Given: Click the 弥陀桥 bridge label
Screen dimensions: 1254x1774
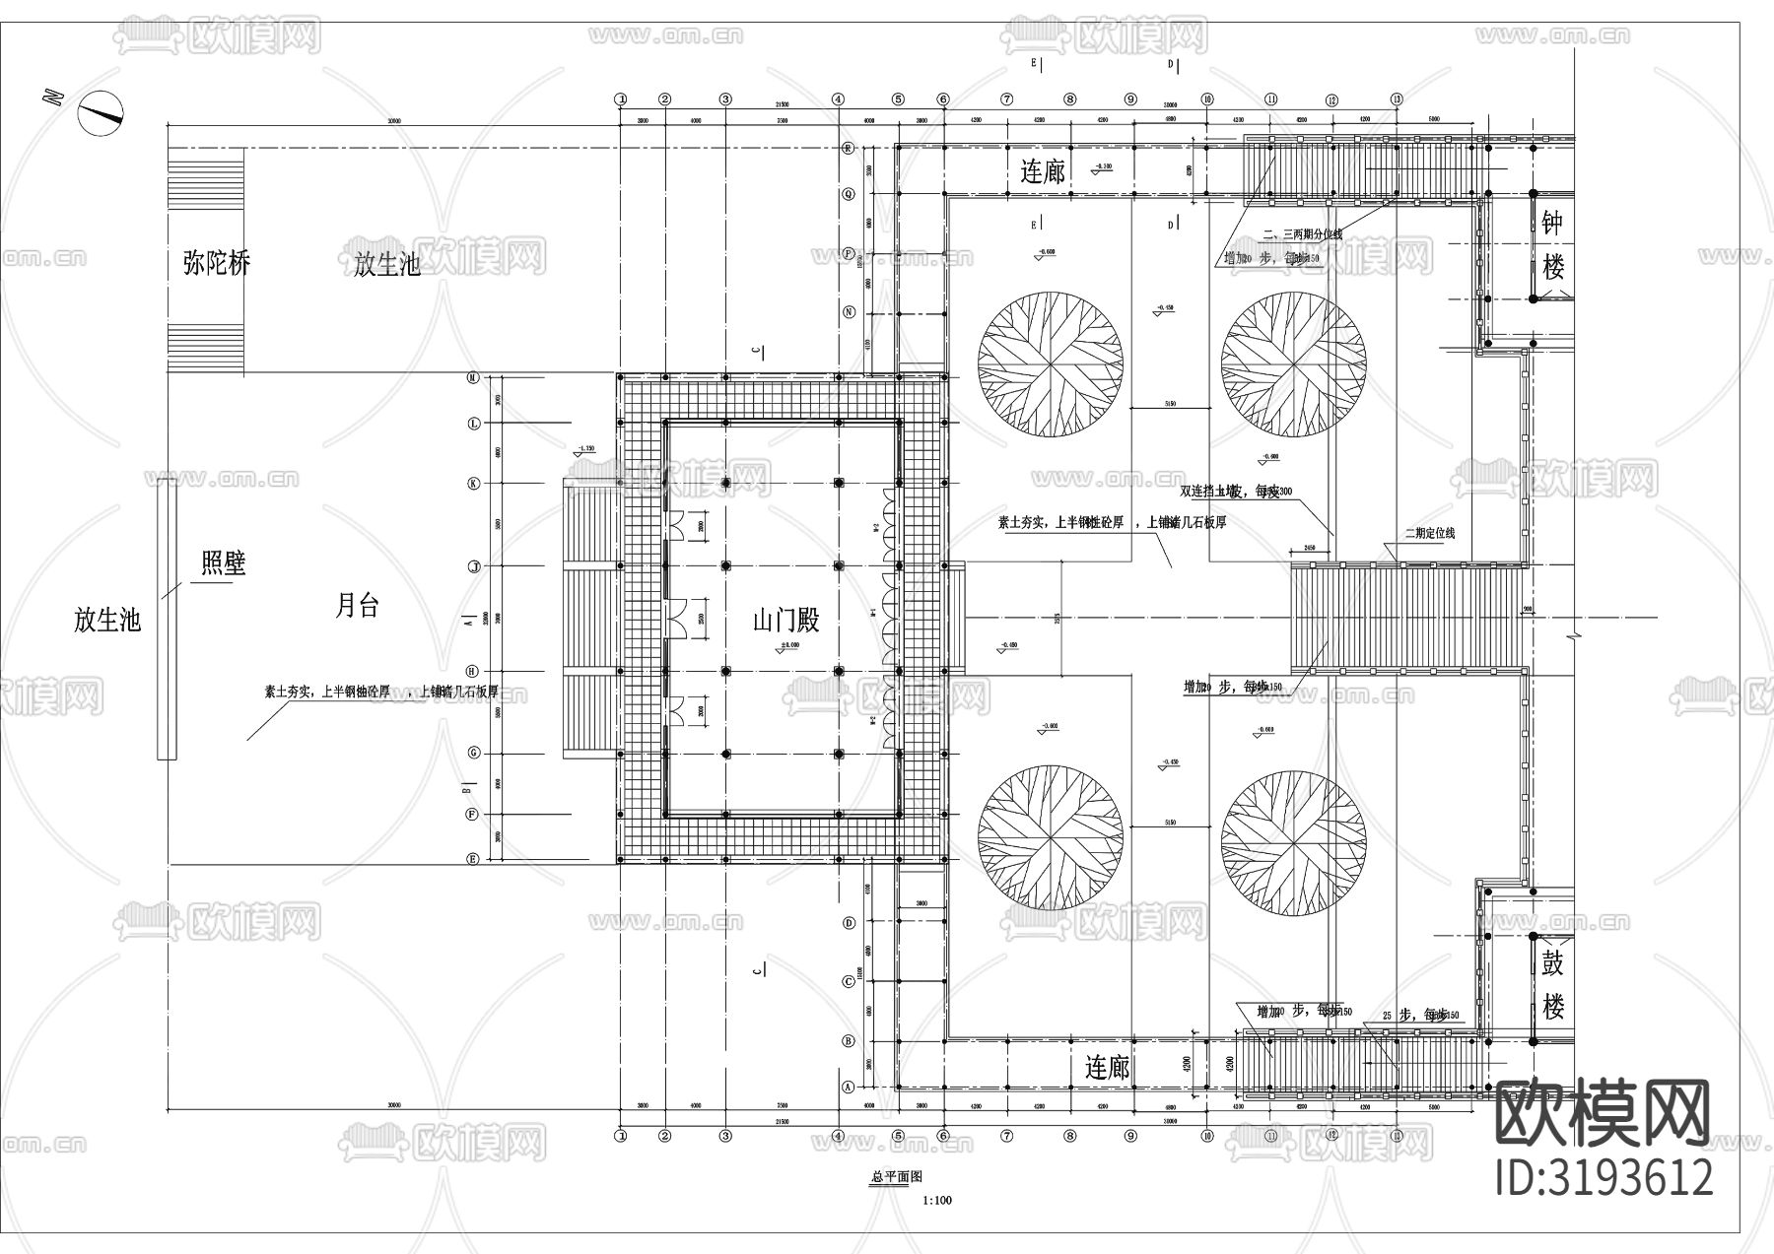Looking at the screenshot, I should click(217, 263).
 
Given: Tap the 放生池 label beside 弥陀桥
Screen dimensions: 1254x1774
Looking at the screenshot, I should click(387, 264).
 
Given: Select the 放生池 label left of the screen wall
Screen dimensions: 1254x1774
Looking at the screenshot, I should click(107, 620).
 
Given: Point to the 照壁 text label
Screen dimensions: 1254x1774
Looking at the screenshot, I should click(223, 563).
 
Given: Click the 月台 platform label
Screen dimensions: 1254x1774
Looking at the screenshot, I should click(357, 605).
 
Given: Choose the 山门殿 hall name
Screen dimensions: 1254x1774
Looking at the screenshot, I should click(785, 621).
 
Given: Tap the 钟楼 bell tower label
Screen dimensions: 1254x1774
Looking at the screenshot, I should click(1553, 245).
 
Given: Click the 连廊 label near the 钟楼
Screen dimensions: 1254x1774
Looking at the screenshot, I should click(1043, 172).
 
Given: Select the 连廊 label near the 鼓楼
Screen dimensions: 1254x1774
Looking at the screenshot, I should click(1107, 1068).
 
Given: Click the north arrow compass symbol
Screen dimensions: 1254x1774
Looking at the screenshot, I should click(101, 112).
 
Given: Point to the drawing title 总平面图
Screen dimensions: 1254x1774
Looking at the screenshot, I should click(896, 1176).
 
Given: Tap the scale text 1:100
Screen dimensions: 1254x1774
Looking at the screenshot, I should click(937, 1200).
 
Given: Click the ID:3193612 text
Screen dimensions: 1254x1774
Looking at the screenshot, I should click(1604, 1178).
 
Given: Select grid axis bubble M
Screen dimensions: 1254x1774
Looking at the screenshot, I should click(473, 378).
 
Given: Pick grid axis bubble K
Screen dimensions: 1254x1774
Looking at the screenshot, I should click(473, 483).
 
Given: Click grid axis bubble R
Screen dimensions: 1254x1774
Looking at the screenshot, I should click(848, 149).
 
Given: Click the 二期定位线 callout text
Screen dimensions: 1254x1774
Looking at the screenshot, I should click(1429, 533).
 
